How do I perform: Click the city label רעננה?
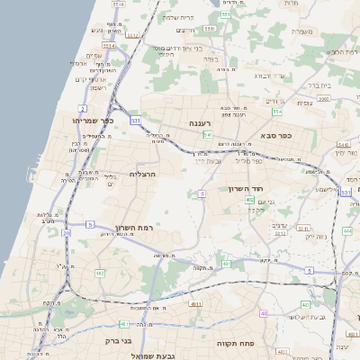[200, 122]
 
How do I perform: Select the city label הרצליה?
[143, 174]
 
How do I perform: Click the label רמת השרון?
[134, 229]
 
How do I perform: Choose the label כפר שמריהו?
[94, 120]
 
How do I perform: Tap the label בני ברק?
[132, 341]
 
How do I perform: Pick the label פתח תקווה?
[238, 344]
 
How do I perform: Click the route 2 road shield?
[82, 108]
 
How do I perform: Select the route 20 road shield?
[66, 233]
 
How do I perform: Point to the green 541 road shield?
[207, 135]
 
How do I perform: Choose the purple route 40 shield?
[264, 313]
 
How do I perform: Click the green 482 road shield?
[100, 273]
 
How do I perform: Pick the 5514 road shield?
[108, 44]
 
